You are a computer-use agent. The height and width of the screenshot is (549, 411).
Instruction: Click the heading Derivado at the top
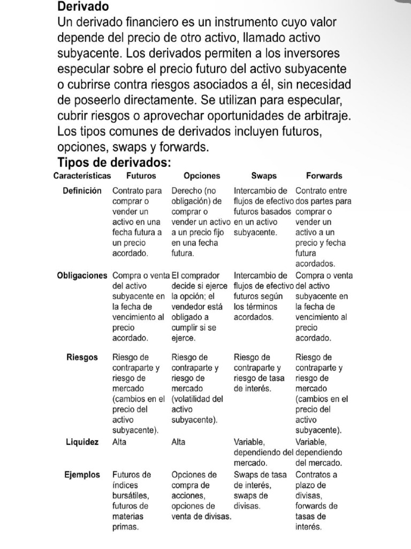(83, 7)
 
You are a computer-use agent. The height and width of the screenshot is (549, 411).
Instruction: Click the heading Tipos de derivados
(113, 162)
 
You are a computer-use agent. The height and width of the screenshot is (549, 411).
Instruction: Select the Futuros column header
(141, 176)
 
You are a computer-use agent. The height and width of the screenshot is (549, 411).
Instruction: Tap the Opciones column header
(202, 176)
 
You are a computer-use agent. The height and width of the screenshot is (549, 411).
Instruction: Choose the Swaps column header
(264, 176)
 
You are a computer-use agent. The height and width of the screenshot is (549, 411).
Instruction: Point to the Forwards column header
(324, 176)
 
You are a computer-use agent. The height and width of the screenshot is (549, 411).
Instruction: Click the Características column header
(82, 176)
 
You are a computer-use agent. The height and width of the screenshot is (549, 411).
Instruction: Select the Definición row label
(82, 191)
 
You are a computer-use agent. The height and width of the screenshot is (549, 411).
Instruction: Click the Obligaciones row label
(82, 276)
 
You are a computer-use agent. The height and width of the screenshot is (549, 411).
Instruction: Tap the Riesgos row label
(82, 358)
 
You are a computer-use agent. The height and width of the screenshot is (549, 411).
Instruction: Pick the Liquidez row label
(82, 442)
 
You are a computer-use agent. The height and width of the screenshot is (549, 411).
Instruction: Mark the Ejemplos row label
(82, 475)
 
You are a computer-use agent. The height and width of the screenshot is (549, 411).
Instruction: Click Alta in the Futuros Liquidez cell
(120, 442)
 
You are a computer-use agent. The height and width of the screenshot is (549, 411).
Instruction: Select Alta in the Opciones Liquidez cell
(178, 442)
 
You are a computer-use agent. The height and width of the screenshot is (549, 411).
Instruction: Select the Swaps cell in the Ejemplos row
(260, 490)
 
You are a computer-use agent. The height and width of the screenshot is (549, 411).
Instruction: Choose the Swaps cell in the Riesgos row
(262, 373)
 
